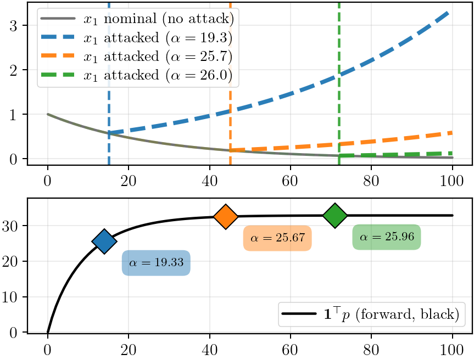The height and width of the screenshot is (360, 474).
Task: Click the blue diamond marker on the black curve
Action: pyautogui.click(x=104, y=241)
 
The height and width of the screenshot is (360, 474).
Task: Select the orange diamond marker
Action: pyautogui.click(x=226, y=217)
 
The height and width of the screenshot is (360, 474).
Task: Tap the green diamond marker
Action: pyautogui.click(x=335, y=215)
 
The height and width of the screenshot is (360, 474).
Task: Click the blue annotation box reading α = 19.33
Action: pyautogui.click(x=156, y=263)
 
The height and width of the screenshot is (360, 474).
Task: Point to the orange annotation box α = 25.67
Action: pyautogui.click(x=277, y=238)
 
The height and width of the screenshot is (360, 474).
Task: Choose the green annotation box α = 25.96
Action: pyautogui.click(x=387, y=237)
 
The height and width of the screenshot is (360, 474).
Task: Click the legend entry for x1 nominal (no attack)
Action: pyautogui.click(x=137, y=19)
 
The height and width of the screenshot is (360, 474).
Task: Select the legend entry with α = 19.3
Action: pyautogui.click(x=136, y=38)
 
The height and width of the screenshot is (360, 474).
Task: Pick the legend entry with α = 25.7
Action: pyautogui.click(x=136, y=57)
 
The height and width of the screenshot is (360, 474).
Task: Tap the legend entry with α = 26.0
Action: pyautogui.click(x=136, y=75)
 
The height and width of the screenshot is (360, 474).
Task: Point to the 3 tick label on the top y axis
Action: pyautogui.click(x=13, y=26)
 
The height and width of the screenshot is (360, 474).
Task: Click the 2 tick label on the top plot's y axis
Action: pyautogui.click(x=13, y=70)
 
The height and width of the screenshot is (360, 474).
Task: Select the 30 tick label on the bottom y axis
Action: pyautogui.click(x=10, y=226)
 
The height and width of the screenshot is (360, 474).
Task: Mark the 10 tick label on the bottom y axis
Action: pyautogui.click(x=10, y=297)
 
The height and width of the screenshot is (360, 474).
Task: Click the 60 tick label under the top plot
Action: pyautogui.click(x=290, y=181)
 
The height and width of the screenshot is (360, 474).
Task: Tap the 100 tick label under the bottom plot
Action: pyautogui.click(x=451, y=350)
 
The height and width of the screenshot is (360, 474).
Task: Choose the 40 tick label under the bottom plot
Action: pyautogui.click(x=209, y=350)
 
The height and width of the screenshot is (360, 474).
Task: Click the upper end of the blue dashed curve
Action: pyautogui.click(x=448, y=13)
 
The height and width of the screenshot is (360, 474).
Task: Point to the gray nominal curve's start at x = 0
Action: pyautogui.click(x=48, y=115)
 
